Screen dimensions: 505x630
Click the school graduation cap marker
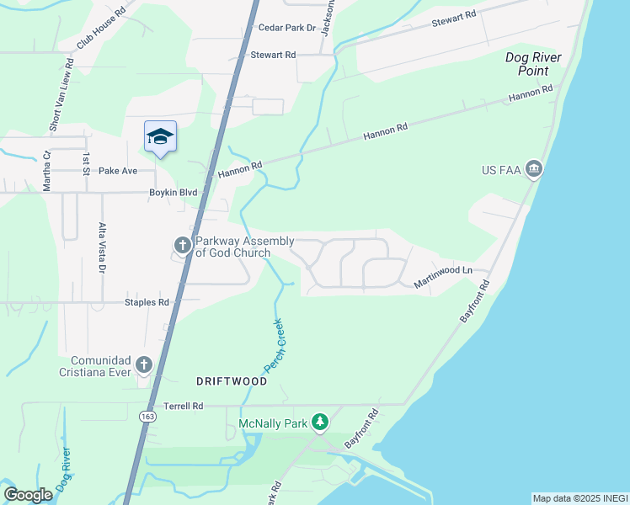[160, 137]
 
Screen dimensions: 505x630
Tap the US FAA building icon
[533, 170]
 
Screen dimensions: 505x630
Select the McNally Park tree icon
[319, 422]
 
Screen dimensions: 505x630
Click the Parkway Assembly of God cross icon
[182, 245]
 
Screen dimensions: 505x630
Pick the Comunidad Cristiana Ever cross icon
[144, 364]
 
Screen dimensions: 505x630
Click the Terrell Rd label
[184, 406]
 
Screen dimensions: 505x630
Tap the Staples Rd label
[147, 302]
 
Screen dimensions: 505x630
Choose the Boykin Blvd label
[173, 193]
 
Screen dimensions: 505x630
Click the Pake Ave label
[118, 171]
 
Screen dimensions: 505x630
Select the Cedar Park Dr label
[287, 28]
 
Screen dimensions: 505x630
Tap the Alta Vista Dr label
[102, 249]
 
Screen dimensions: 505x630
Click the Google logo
[28, 495]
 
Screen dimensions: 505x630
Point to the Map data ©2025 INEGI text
[579, 498]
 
